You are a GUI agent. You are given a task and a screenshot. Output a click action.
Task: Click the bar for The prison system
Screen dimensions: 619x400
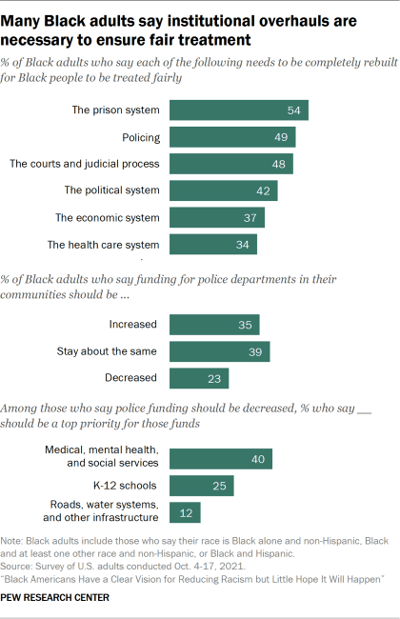pyautogui.click(x=239, y=110)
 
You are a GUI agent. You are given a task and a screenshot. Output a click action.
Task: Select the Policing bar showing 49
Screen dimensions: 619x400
pyautogui.click(x=232, y=137)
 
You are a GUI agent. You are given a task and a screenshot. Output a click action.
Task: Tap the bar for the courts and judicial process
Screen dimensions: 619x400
pyautogui.click(x=231, y=164)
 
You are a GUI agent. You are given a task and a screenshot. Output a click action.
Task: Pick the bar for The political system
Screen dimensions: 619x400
pyautogui.click(x=224, y=190)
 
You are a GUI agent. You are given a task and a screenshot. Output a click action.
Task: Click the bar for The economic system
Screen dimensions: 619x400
pyautogui.click(x=217, y=218)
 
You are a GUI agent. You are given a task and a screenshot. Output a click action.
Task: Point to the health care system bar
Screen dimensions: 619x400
pyautogui.click(x=213, y=245)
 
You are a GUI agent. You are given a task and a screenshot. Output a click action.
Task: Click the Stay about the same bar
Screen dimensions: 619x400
pyautogui.click(x=220, y=351)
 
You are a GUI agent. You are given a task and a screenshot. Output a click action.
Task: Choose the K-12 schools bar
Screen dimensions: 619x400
pyautogui.click(x=202, y=487)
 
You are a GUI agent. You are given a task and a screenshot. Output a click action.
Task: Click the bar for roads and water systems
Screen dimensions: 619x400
pyautogui.click(x=185, y=513)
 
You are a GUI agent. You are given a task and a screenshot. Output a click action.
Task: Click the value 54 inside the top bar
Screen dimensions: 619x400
pyautogui.click(x=295, y=110)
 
